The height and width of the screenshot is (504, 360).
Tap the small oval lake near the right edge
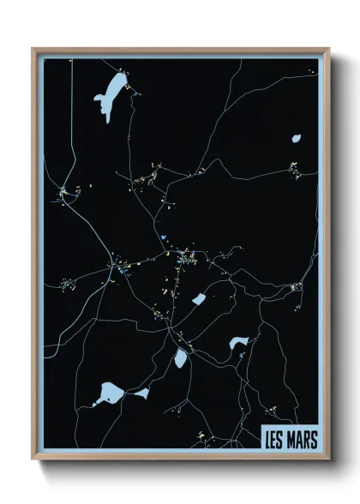point(297,137)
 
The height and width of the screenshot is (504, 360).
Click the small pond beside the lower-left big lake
point(141,393)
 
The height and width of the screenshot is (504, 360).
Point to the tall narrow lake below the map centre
point(181,358)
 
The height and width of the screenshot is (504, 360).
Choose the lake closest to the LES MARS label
point(238,344)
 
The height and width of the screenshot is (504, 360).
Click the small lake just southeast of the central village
point(199,299)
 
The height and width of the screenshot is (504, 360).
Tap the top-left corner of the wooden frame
point(33,50)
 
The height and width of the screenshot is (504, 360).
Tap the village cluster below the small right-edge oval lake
point(295,170)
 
